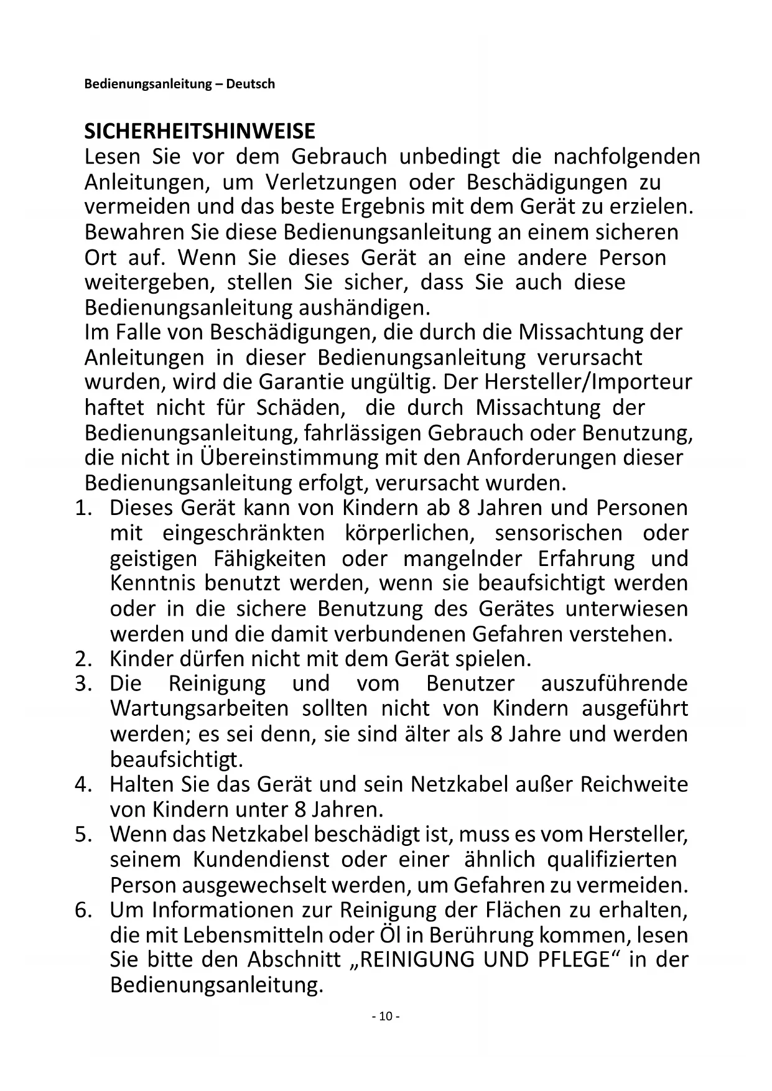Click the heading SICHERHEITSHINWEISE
point(200,131)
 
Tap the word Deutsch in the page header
point(250,84)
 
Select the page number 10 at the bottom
point(385,1016)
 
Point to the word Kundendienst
point(261,860)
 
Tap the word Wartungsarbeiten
point(199,708)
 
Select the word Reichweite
point(634,784)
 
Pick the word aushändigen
point(364,308)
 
